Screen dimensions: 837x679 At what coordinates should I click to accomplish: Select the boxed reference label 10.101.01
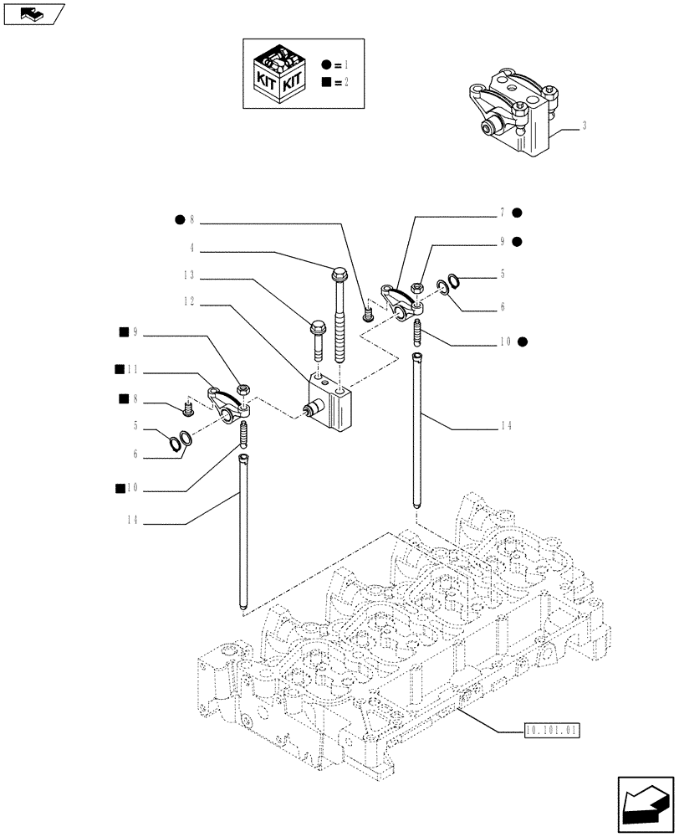point(552,730)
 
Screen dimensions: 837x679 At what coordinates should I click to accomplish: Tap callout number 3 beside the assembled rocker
point(584,126)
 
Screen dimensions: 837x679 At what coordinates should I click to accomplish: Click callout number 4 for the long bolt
point(191,247)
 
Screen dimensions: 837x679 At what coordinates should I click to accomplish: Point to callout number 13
point(189,274)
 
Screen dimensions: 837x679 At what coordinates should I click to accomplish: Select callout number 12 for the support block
point(189,300)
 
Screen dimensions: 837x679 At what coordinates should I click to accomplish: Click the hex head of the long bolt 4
point(339,273)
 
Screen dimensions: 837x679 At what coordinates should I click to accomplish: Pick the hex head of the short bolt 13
point(317,327)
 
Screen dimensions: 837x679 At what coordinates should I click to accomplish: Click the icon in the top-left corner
point(33,14)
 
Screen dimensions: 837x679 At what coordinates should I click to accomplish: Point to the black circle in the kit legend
point(326,64)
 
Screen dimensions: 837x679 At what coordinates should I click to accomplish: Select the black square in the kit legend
point(326,82)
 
